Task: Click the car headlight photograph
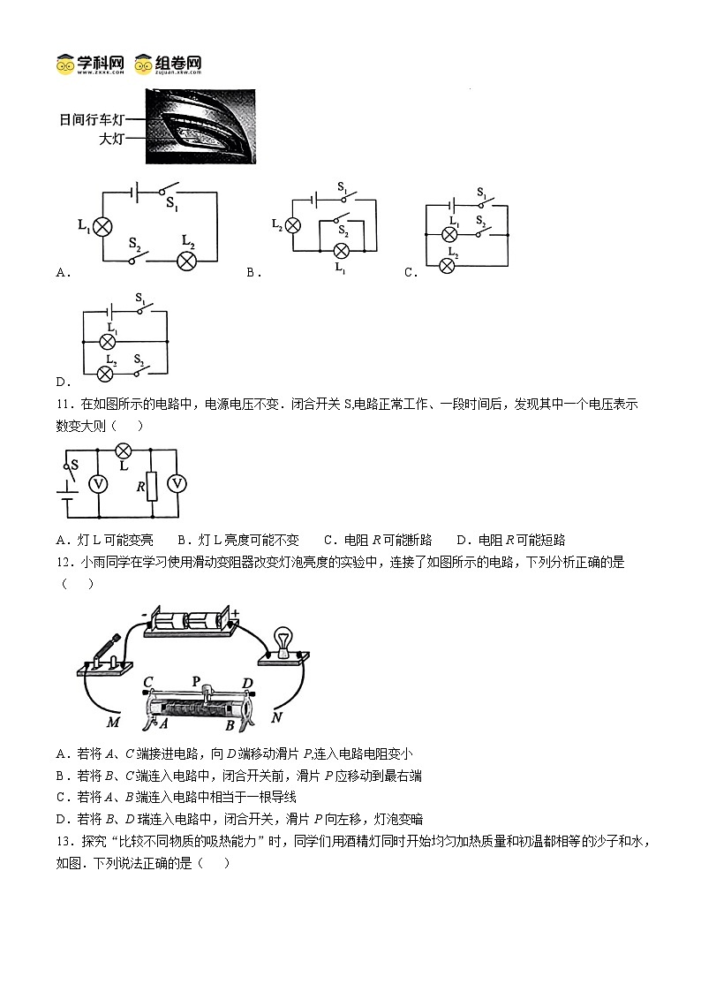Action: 200,125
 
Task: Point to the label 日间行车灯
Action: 94,120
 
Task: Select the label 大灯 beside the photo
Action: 112,139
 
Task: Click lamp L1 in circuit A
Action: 102,227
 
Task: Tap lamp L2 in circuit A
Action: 186,260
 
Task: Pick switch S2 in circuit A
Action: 136,256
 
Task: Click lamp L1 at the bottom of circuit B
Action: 340,250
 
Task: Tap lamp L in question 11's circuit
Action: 124,451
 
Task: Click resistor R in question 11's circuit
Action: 151,486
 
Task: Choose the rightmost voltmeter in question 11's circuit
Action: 177,483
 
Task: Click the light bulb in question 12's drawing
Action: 284,640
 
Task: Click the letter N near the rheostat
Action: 276,717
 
